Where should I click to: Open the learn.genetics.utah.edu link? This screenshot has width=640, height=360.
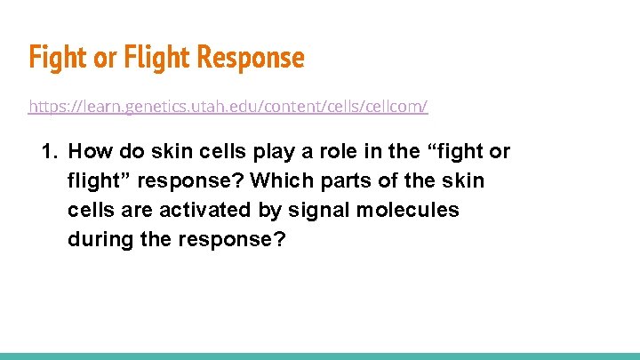click(228, 107)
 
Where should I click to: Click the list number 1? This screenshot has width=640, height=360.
click(49, 152)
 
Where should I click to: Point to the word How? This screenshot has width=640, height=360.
click(88, 152)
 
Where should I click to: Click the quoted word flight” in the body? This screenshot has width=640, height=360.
click(98, 181)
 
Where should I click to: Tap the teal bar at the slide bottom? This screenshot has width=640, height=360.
click(320, 356)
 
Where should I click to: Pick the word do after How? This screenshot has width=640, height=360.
click(127, 152)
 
